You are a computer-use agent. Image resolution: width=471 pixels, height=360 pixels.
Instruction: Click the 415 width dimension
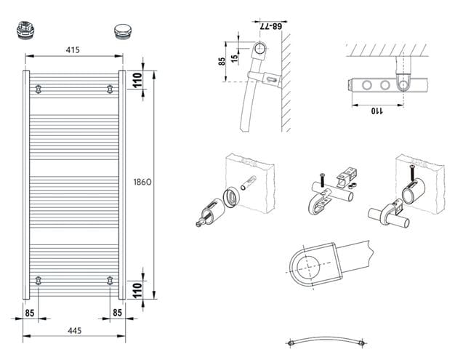[x=73, y=50]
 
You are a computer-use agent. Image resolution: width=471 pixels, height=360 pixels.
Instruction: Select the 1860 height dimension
[x=142, y=182]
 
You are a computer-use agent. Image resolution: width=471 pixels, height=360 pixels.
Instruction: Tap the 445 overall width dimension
[x=74, y=331]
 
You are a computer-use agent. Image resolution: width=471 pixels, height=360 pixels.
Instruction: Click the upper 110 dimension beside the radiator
[x=137, y=80]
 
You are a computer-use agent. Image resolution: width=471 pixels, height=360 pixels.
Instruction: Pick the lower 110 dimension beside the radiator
[x=137, y=290]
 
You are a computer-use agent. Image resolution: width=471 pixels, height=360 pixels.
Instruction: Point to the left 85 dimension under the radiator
[x=29, y=313]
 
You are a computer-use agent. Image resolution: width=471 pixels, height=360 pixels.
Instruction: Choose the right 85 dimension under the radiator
[x=117, y=313]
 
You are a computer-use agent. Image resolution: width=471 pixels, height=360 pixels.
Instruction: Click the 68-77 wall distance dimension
[x=270, y=26]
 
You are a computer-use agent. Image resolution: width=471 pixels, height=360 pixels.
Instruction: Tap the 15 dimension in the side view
[x=235, y=57]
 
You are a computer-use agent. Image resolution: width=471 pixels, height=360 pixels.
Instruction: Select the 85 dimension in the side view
[x=222, y=62]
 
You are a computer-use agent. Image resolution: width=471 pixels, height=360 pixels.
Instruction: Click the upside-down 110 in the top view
[x=377, y=111]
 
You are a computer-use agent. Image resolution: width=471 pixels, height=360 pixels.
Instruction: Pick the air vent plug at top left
[x=25, y=30]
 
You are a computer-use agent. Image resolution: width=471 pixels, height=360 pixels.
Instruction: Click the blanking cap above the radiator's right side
[x=122, y=31]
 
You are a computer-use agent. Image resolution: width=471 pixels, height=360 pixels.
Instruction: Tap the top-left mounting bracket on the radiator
[x=38, y=89]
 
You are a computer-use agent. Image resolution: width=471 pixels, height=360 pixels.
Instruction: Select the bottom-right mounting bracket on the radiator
[x=110, y=281]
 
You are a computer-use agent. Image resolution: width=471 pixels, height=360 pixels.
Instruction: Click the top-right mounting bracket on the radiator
[x=110, y=89]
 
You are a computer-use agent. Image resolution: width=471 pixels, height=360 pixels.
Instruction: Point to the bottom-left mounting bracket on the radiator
[x=38, y=281]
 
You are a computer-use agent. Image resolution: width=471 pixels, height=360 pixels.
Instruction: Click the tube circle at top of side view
[x=259, y=44]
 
